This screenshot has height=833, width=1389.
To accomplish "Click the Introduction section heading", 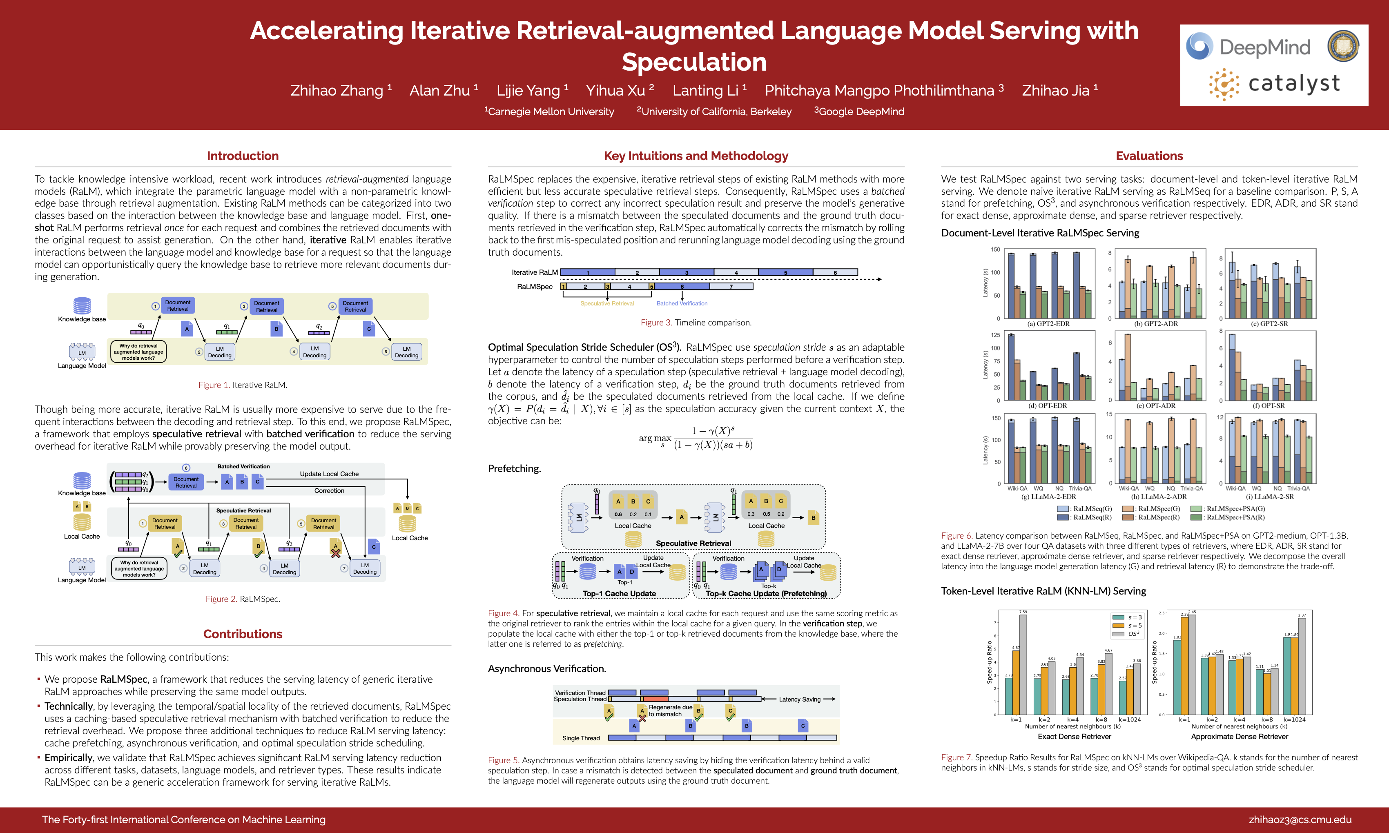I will pyautogui.click(x=243, y=156).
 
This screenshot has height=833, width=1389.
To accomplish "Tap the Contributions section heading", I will pyautogui.click(x=243, y=634).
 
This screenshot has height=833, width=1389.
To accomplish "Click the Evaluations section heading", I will pyautogui.click(x=1149, y=156).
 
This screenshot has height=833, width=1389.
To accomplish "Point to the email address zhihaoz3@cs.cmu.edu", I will pyautogui.click(x=1300, y=820).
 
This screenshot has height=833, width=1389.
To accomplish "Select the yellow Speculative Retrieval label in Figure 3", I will pyautogui.click(x=607, y=304).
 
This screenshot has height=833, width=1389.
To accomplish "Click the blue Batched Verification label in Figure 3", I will pyautogui.click(x=682, y=304).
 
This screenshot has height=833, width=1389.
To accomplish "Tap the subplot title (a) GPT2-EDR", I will pyautogui.click(x=1048, y=324).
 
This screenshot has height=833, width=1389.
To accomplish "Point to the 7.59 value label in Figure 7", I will pyautogui.click(x=1023, y=612).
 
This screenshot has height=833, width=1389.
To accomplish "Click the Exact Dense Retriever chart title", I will pyautogui.click(x=1074, y=737).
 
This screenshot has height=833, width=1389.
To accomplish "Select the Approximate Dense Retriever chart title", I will pyautogui.click(x=1239, y=737).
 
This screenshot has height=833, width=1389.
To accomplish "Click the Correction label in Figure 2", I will pyautogui.click(x=329, y=490).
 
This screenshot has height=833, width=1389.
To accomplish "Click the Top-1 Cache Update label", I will pyautogui.click(x=619, y=593).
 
